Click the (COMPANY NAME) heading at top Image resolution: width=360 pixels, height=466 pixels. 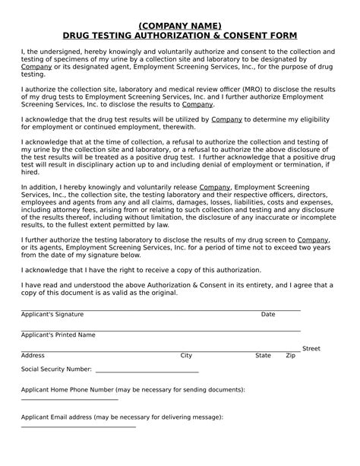(x=179, y=25)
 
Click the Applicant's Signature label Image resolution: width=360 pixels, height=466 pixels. (x=52, y=314)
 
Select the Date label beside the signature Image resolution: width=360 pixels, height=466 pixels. (x=268, y=314)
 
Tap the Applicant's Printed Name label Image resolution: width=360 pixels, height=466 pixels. (x=58, y=334)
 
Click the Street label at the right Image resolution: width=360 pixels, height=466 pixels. (x=311, y=348)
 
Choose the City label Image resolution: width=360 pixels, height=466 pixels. (x=186, y=355)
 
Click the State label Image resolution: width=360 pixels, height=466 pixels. (x=263, y=355)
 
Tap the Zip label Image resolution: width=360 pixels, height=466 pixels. (x=290, y=355)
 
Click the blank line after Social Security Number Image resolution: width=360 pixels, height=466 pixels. (x=147, y=372)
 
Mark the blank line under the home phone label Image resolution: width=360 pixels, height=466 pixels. (x=70, y=398)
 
